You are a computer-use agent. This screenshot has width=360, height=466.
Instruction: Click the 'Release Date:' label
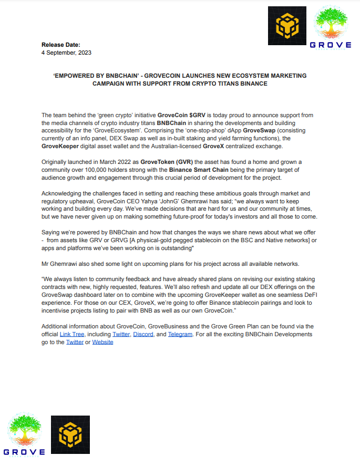tap(61, 45)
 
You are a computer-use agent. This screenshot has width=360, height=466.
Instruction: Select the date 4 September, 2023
tap(66, 53)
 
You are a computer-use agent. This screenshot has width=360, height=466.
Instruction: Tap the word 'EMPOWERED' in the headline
tap(75, 76)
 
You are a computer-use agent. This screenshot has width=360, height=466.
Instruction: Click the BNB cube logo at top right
tap(286, 26)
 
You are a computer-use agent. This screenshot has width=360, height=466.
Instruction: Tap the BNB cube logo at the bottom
tap(70, 434)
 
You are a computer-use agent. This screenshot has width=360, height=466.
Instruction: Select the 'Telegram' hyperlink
tap(180, 334)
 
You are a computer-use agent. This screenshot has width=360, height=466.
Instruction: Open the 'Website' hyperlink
tap(102, 342)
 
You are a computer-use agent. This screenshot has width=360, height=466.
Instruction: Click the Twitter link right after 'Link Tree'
tap(121, 334)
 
